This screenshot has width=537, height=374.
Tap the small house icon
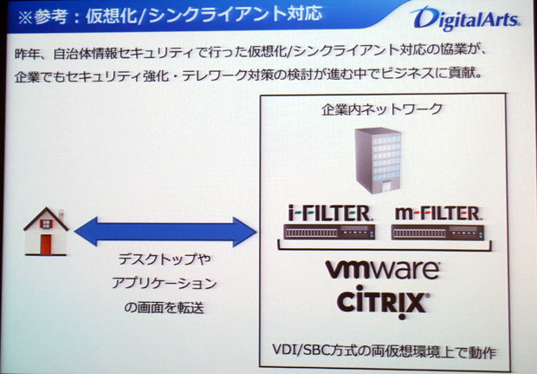pos(45,230)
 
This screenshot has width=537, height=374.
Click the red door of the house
pos(46,242)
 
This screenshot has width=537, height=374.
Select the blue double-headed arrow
pos(164,231)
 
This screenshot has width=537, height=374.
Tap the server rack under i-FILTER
pos(329,232)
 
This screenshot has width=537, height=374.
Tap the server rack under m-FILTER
pos(437,232)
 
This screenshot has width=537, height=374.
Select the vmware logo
pos(382,271)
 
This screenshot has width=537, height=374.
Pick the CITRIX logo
pos(382,303)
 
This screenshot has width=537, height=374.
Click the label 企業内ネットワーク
pos(382,109)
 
